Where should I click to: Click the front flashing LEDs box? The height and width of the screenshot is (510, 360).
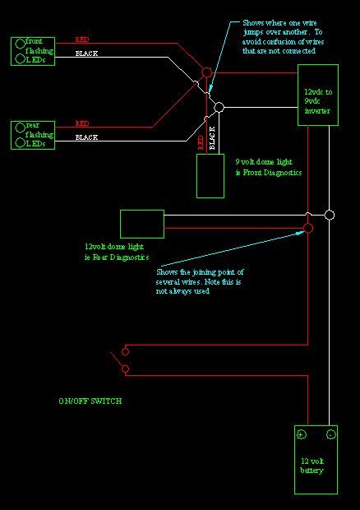(34, 50)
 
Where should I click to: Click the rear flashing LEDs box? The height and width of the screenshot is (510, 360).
(34, 134)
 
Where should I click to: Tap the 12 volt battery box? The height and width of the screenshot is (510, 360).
(316, 459)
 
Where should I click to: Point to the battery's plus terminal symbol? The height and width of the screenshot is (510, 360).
(302, 434)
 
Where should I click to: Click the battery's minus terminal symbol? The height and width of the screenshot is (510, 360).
(330, 434)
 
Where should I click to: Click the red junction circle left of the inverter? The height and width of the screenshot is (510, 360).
(206, 73)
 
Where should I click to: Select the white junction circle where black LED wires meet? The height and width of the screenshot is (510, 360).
(219, 107)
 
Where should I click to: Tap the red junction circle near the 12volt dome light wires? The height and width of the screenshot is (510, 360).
(308, 227)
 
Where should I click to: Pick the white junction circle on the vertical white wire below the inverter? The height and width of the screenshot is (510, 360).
(330, 215)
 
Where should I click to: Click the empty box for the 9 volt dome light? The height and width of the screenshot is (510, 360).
(210, 175)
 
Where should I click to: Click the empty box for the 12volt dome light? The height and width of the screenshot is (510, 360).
(141, 224)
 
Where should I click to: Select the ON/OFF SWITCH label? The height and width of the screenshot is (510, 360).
(90, 401)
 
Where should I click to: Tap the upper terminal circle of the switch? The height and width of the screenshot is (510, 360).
(125, 351)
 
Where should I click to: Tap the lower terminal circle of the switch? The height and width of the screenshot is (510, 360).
(125, 369)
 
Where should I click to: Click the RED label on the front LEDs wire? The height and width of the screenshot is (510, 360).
(83, 39)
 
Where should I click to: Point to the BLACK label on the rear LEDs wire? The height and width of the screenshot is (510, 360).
(87, 137)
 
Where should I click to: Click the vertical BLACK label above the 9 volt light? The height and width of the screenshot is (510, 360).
(212, 138)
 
